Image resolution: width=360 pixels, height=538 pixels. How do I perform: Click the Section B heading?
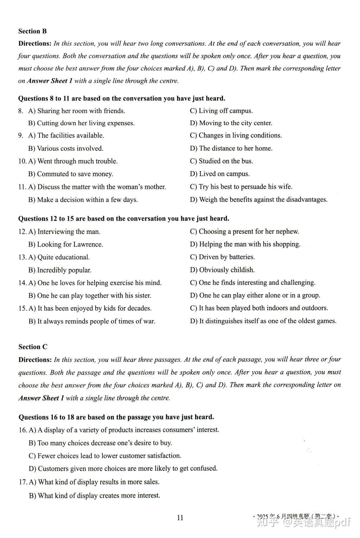pos(32,31)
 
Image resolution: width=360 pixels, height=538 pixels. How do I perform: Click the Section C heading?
pos(33,347)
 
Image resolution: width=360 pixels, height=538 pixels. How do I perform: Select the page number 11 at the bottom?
pos(180,518)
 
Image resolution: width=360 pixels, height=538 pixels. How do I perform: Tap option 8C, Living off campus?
pos(221,111)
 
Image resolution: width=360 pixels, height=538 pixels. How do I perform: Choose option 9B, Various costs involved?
pos(66,148)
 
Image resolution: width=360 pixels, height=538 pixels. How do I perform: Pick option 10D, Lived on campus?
pos(220,174)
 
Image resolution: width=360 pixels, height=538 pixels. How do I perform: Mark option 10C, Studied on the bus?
pos(222,161)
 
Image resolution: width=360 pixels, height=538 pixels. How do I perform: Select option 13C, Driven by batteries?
pos(222,257)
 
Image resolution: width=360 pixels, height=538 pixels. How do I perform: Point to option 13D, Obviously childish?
pos(222,270)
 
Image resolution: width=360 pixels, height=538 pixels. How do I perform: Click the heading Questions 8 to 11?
pos(122,98)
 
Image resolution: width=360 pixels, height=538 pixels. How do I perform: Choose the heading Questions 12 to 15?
pos(123,219)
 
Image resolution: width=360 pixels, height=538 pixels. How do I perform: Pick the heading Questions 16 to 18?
pos(116,417)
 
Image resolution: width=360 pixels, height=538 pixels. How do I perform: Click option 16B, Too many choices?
pos(100,443)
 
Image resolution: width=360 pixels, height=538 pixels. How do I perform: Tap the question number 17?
pos(22,482)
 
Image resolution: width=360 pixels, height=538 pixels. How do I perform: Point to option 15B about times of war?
pos(92,321)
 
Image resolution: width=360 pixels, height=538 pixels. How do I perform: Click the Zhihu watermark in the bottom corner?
pos(304,523)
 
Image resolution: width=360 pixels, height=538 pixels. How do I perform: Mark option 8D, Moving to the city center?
pos(231,123)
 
